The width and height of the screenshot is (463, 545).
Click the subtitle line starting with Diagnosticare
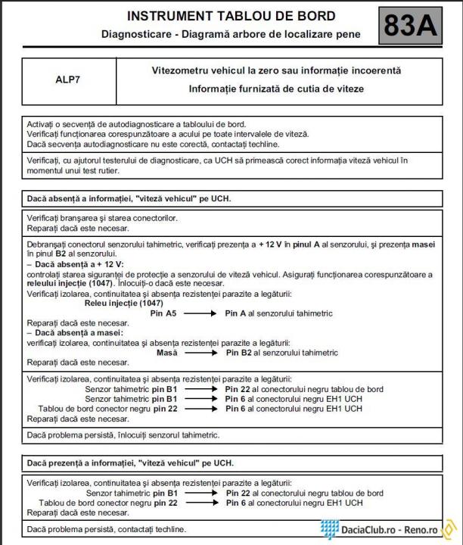[x=231, y=35]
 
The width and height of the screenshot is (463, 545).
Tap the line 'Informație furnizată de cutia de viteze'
[x=276, y=89]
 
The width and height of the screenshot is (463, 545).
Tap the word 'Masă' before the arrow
[x=166, y=352]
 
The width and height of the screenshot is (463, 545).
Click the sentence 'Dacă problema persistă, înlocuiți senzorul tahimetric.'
[x=123, y=435]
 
